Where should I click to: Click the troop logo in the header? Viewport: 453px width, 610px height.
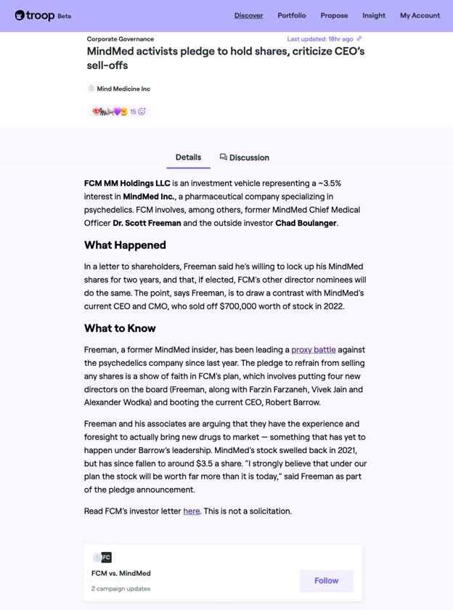(35, 15)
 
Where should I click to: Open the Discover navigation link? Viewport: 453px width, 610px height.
(248, 15)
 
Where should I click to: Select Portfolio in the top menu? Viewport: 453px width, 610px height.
(292, 15)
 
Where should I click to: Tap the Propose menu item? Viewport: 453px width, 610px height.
(334, 15)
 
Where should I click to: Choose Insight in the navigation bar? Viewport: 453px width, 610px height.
(374, 15)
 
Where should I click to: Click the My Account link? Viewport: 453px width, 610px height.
(420, 15)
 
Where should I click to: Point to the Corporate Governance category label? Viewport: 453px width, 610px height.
(121, 39)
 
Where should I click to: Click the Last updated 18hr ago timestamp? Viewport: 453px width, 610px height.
(320, 39)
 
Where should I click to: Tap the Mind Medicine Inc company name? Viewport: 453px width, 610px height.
(123, 89)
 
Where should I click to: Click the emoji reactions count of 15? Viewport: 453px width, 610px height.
(133, 112)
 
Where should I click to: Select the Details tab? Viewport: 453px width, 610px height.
(188, 158)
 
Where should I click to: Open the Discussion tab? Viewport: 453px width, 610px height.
(245, 158)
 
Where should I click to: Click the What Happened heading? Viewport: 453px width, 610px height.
(125, 245)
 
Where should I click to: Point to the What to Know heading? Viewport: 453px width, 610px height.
(120, 328)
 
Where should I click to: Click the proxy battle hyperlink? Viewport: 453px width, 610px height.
(314, 350)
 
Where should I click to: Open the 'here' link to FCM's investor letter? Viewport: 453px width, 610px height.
(192, 511)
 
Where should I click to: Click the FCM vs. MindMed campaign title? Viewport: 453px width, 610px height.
(121, 574)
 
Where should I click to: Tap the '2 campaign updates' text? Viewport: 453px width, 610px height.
(121, 589)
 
